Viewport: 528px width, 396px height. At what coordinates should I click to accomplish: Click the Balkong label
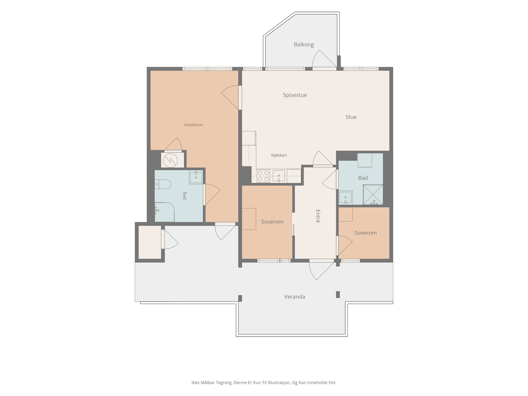pos(304,45)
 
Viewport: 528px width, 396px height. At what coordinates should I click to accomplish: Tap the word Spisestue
pos(295,95)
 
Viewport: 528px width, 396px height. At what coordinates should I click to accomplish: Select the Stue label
pos(351,117)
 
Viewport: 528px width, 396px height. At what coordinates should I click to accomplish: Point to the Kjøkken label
pos(279,155)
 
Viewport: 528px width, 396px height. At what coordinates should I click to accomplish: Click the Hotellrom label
pos(193,125)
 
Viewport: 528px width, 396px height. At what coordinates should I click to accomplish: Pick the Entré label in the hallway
pos(318,216)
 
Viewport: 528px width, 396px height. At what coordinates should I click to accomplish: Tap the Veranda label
pos(294,297)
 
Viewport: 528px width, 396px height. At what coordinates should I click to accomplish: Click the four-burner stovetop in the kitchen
pos(263,176)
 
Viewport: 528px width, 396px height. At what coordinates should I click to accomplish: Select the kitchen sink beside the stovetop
pos(279,176)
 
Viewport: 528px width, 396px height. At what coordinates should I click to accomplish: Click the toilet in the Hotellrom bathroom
pos(163,184)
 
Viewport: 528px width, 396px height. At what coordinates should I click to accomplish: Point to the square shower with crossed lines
pos(373,194)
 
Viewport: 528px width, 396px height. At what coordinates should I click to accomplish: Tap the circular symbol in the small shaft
pos(170,160)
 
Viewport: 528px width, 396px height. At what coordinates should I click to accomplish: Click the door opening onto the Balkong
pos(324,59)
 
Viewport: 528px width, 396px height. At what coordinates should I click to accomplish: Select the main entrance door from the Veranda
pos(321,270)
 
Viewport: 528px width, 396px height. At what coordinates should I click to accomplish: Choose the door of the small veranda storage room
pos(170,239)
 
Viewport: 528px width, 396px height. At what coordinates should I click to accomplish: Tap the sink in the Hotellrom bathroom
pos(196,177)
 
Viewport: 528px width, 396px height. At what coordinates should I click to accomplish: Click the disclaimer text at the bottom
pos(264,382)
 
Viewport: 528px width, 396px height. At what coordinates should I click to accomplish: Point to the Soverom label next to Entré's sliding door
pos(272,222)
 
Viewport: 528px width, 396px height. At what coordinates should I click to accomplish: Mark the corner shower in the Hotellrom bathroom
pos(165,212)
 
